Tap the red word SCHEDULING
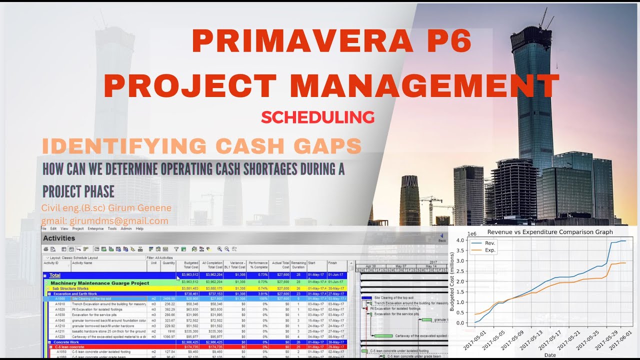[x=317, y=117]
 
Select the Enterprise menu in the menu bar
[x=95, y=228]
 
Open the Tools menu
[x=112, y=228]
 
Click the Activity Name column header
[x=82, y=262]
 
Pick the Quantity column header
[x=168, y=262]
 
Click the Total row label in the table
[x=55, y=275]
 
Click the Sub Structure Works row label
[x=70, y=288]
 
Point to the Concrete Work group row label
[x=66, y=342]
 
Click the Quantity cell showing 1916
[x=170, y=331]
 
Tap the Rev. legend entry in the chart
[x=489, y=243]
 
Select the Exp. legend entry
[x=490, y=250]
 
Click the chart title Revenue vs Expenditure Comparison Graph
[x=549, y=232]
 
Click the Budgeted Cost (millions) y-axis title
[x=452, y=282]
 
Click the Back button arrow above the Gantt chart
[x=441, y=236]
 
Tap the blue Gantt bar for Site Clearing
[x=366, y=297]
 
